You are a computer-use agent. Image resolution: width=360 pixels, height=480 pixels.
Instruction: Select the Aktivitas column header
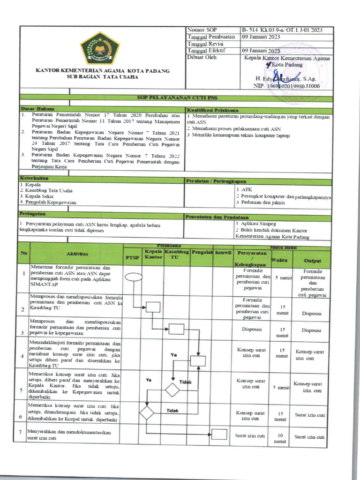pos(77,254)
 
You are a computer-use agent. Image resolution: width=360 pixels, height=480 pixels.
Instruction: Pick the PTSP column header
pos(132,257)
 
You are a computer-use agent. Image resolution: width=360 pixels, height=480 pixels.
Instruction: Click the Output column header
pos(313,260)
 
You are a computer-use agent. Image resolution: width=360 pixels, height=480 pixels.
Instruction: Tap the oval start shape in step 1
pos(134,277)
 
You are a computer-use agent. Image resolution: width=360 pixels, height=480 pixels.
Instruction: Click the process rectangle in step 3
pos(176,329)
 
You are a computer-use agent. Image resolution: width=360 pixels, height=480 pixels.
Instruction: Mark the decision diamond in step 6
pos(147,413)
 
